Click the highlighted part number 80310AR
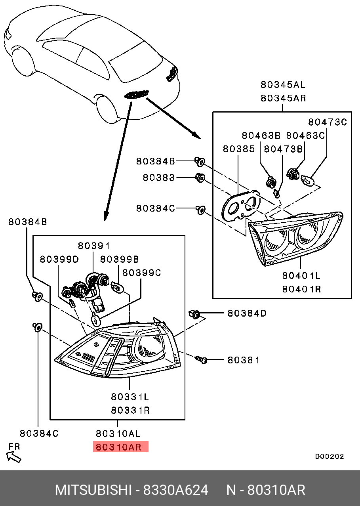coord(120,447)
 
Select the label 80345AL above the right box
coord(283,84)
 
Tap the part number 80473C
coord(328,122)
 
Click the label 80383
coord(158,178)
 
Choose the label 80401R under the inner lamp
coord(301,289)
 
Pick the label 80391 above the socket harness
coord(93,246)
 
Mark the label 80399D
coord(59,259)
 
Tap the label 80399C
coord(141,273)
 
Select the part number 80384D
coord(247,313)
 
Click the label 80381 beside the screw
coord(243,360)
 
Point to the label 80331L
coord(130,396)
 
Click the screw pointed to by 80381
coord(201,360)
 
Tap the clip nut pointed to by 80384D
coord(194,314)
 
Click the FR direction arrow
coord(14,457)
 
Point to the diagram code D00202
coord(329,456)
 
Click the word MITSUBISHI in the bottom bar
coord(93,490)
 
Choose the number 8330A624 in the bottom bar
coord(175,490)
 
